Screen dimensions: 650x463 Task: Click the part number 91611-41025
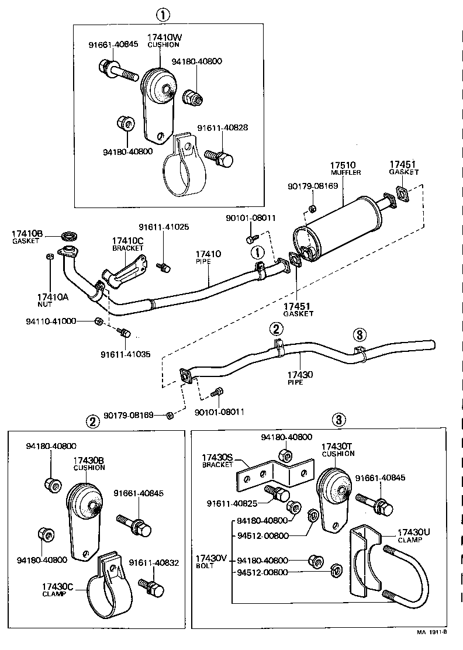click(x=164, y=227)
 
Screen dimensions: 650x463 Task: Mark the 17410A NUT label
click(x=52, y=300)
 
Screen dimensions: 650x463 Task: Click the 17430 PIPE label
click(x=301, y=378)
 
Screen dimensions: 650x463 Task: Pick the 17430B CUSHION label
click(x=89, y=464)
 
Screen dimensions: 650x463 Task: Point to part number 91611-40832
click(x=154, y=563)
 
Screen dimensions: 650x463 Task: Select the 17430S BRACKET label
click(x=217, y=461)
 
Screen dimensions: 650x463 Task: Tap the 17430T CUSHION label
click(x=338, y=450)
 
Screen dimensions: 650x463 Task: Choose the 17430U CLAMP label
click(x=413, y=535)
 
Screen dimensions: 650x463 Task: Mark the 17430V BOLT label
click(x=211, y=561)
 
